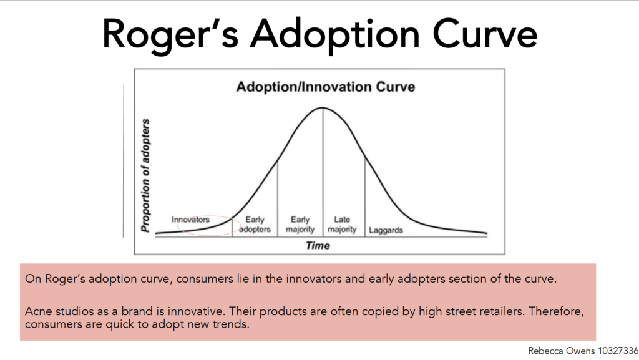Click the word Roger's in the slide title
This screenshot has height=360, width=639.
[170, 34]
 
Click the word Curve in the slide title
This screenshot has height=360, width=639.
[484, 34]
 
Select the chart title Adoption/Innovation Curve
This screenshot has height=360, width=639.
[326, 87]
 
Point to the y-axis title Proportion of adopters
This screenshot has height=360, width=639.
[145, 175]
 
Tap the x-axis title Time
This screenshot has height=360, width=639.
[318, 246]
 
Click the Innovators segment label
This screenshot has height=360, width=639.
[190, 220]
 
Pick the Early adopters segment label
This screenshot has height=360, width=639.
[255, 225]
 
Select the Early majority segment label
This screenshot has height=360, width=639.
[300, 225]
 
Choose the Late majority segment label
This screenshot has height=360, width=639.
[342, 225]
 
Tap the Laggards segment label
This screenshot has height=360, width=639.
[386, 230]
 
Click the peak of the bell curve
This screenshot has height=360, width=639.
[323, 107]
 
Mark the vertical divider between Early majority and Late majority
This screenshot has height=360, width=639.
[323, 172]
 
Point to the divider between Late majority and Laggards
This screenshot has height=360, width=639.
[364, 198]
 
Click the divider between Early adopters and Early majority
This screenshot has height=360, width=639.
[278, 199]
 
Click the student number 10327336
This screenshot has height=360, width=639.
[618, 351]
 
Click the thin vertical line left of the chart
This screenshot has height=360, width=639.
[123, 161]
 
